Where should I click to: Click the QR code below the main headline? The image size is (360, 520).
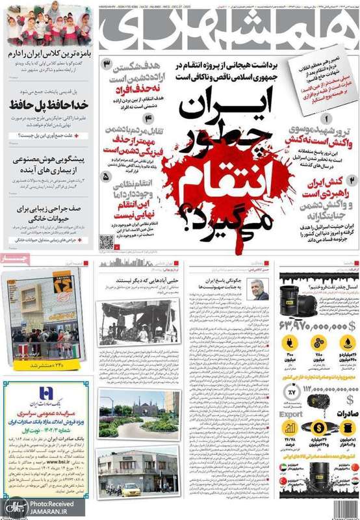[x=107, y=242]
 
